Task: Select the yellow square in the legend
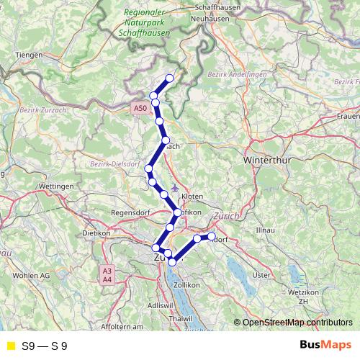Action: (9, 346)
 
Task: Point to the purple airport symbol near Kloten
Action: (175, 188)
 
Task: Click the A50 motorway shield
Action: (140, 108)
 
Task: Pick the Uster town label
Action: (261, 274)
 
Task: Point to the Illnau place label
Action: (266, 229)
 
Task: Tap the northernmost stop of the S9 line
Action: (170, 78)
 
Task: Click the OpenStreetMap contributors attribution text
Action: (297, 323)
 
